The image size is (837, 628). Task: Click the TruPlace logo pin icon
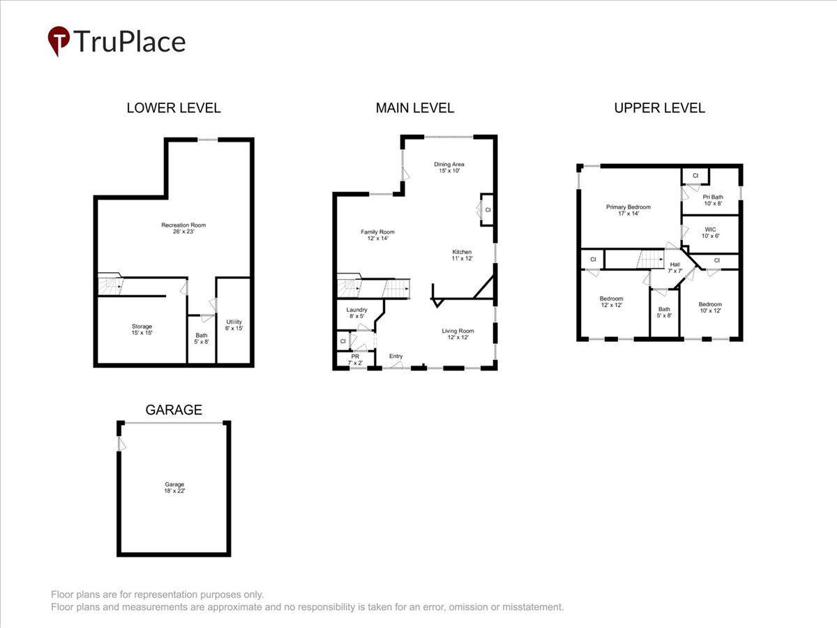(59, 40)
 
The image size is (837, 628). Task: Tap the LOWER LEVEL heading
(174, 108)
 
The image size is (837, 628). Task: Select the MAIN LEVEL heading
(414, 108)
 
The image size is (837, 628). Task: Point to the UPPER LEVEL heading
(659, 108)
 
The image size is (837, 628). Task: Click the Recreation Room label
(183, 228)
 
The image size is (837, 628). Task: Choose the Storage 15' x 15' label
(142, 329)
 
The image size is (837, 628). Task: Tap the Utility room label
(234, 324)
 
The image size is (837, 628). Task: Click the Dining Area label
(449, 167)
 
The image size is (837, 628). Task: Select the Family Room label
(377, 235)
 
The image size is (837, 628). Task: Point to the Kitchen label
(462, 255)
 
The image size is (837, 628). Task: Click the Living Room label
(458, 334)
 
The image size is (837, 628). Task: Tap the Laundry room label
(356, 313)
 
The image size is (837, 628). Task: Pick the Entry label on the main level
(396, 357)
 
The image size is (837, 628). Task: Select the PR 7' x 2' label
(355, 359)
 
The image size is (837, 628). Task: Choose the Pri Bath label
(712, 200)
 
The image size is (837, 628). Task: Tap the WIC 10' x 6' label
(710, 232)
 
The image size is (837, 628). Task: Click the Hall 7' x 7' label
(674, 268)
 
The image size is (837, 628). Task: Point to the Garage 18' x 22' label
(174, 487)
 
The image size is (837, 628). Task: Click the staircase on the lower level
(110, 285)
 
